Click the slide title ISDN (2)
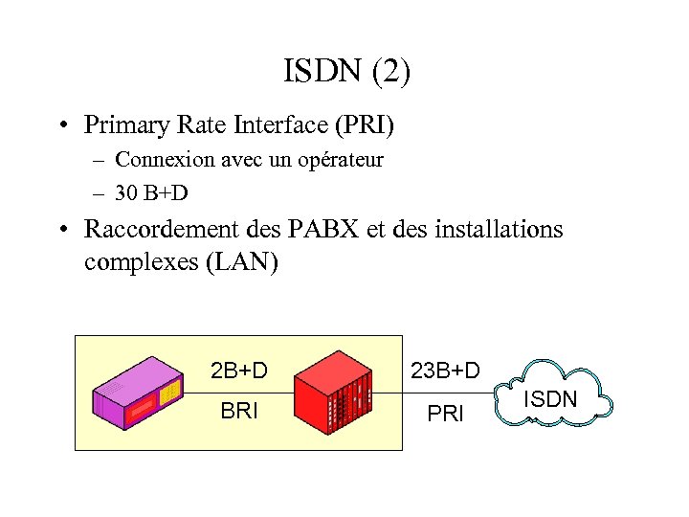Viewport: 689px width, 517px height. point(347,73)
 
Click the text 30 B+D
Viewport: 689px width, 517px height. point(151,193)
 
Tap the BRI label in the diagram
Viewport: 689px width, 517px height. point(239,413)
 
